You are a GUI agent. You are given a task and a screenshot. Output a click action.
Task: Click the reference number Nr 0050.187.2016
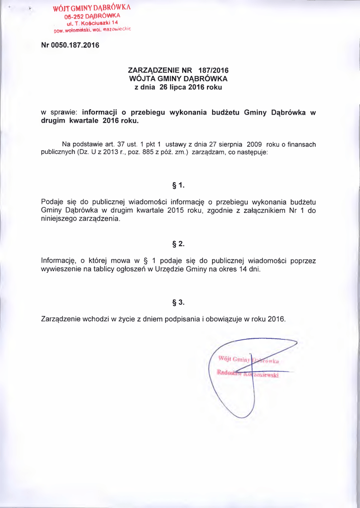tap(70, 45)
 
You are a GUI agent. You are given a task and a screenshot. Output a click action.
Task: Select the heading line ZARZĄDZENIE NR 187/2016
tap(178, 70)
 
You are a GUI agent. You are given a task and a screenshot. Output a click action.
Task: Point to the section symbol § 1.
tap(178, 186)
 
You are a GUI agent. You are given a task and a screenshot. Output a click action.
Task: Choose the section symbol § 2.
tap(178, 244)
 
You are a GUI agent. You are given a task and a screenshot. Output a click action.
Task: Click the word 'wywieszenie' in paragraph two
tap(62, 269)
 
